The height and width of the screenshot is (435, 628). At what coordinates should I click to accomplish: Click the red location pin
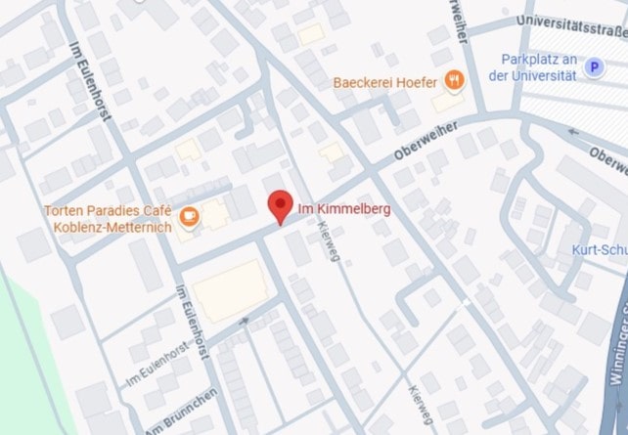pos(281,205)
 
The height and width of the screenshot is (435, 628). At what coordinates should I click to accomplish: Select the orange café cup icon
pos(188,218)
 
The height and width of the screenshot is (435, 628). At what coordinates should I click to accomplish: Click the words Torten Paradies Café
pos(108,211)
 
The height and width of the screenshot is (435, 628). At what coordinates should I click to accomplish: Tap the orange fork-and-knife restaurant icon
pos(453,79)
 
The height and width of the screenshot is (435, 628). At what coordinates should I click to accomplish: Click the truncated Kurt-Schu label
pos(599,249)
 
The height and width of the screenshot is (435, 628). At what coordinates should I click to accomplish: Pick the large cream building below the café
pos(227,289)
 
